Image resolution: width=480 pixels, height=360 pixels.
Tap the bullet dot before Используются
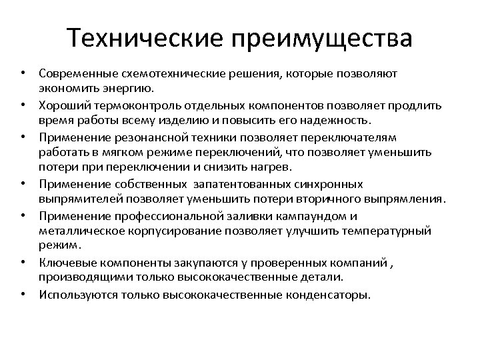23,294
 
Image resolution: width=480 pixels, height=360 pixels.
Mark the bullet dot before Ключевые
23,262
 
